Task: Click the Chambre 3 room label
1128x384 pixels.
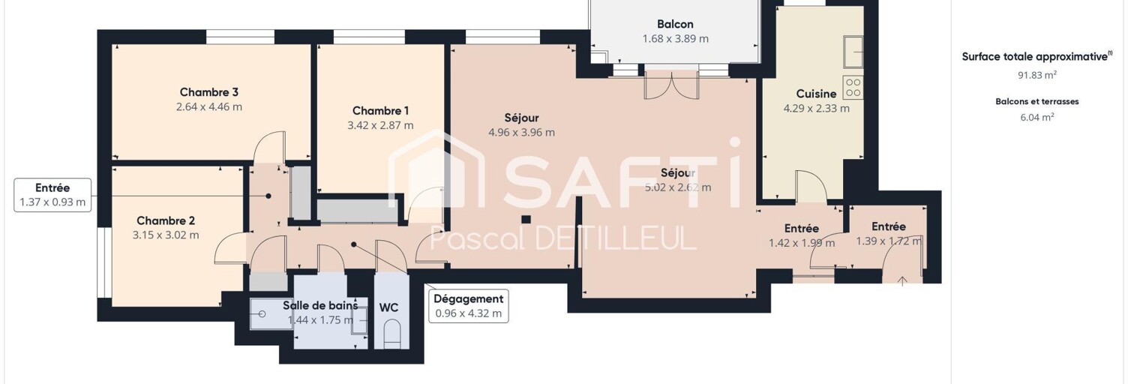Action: pos(209,92)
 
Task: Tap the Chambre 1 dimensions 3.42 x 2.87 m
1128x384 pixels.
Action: pos(380,125)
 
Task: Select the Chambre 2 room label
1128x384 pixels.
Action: pos(166,221)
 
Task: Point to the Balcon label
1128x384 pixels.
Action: pos(675,24)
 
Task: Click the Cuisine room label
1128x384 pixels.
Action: pos(816,94)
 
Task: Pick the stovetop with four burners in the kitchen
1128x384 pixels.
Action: pos(853,87)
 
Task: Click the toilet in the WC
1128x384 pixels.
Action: pos(391,335)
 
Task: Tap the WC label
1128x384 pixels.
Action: pos(388,307)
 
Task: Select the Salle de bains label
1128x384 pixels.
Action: pos(320,305)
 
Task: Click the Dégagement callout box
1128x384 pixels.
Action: pos(468,306)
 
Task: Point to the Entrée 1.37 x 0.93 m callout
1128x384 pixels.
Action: pos(52,195)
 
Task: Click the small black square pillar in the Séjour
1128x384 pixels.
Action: pos(526,219)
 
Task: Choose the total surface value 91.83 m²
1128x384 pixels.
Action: pos(1036,75)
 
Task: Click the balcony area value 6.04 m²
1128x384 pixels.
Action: pos(1036,117)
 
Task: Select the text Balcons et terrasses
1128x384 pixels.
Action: pos(1036,102)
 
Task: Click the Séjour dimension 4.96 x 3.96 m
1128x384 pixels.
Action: pos(521,132)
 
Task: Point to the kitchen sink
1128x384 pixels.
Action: pos(854,51)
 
